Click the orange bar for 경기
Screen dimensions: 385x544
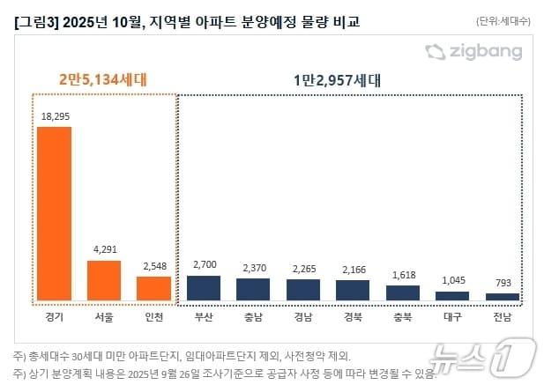pyautogui.click(x=54, y=214)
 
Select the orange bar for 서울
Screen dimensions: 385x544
pyautogui.click(x=104, y=281)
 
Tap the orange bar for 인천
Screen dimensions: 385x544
pyautogui.click(x=153, y=289)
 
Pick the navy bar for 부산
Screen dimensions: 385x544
pyautogui.click(x=204, y=288)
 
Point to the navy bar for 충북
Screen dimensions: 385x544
pyautogui.click(x=403, y=293)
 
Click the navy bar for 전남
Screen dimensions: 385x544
pyautogui.click(x=503, y=298)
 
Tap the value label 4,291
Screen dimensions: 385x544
pyautogui.click(x=104, y=250)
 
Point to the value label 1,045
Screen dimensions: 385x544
pyautogui.click(x=452, y=280)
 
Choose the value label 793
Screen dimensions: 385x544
pyautogui.click(x=503, y=283)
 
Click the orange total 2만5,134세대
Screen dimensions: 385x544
pyautogui.click(x=102, y=80)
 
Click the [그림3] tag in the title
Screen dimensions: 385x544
pyautogui.click(x=32, y=19)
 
